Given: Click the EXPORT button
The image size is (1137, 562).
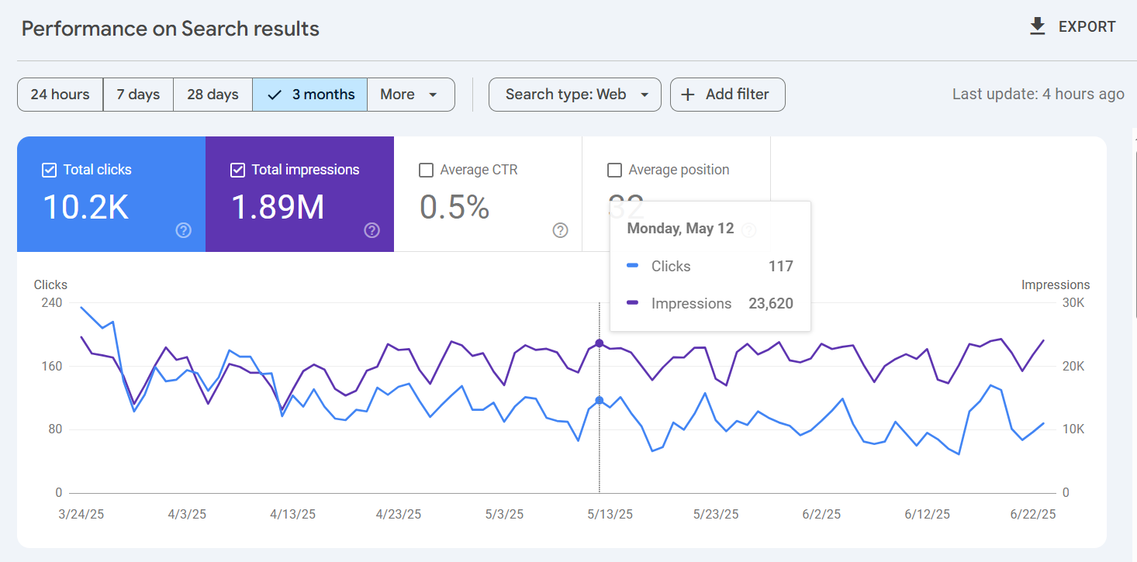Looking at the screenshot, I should (x=1072, y=27).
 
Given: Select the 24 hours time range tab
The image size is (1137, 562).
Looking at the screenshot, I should (x=60, y=95).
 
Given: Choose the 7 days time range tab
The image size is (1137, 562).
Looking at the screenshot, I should (x=138, y=95).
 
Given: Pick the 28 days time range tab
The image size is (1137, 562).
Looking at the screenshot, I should (x=213, y=95).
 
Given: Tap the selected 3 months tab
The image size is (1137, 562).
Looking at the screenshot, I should (x=309, y=95).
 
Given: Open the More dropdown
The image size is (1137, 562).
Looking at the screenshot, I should (x=410, y=95).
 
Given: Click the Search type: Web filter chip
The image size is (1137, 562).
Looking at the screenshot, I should (x=575, y=95).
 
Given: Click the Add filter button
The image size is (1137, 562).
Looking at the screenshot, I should (x=727, y=95).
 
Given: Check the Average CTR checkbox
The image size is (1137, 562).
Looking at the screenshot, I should (x=426, y=170).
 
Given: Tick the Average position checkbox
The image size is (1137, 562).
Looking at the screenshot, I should (x=614, y=170).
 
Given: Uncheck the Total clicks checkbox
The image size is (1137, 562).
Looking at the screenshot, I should (x=49, y=170).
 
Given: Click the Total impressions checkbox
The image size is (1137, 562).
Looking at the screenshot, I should (x=238, y=170).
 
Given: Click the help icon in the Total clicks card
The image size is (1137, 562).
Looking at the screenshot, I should (x=184, y=230).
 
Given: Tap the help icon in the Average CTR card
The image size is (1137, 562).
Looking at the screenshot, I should (x=561, y=230).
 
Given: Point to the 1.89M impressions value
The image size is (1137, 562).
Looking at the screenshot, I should (x=278, y=207).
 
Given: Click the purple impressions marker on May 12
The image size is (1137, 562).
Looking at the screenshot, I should (x=599, y=343).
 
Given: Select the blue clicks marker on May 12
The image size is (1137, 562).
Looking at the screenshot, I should (x=599, y=400).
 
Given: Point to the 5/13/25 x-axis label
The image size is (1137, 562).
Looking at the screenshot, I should (x=610, y=514).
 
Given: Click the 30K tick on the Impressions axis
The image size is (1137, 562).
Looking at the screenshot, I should (x=1073, y=302).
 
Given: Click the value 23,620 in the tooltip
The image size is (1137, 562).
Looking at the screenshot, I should (x=770, y=304).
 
